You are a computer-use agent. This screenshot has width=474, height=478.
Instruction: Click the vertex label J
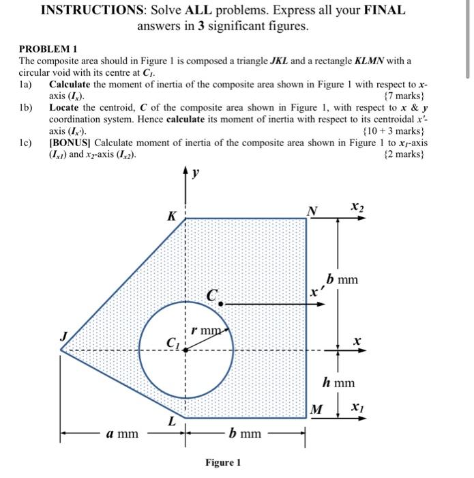click(x=64, y=335)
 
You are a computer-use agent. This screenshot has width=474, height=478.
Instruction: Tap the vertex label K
click(x=173, y=216)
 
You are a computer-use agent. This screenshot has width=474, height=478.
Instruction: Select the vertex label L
click(x=171, y=423)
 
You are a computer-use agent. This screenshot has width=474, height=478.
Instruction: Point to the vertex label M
click(x=316, y=410)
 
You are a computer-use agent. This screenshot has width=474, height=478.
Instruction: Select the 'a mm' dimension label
click(x=123, y=434)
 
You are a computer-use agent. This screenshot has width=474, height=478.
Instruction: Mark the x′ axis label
click(x=315, y=292)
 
